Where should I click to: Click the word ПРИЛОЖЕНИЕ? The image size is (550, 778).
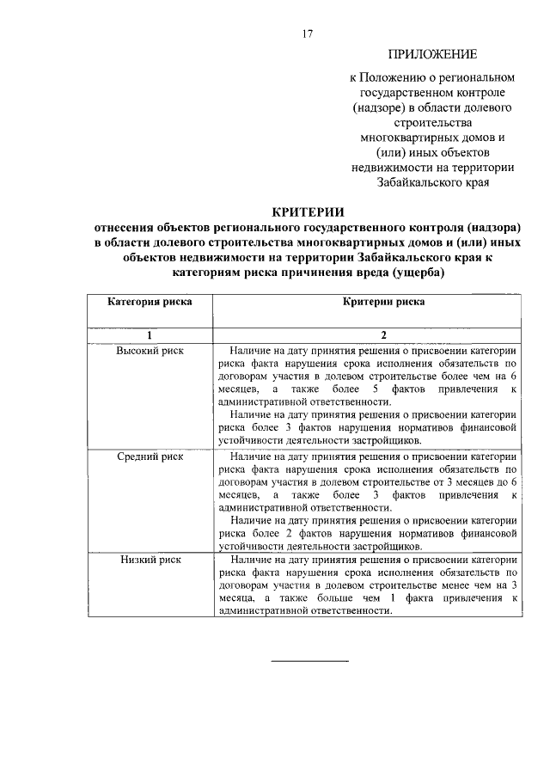click(434, 54)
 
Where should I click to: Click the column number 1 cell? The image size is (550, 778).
click(150, 334)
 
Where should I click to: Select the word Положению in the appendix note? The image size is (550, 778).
click(397, 78)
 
